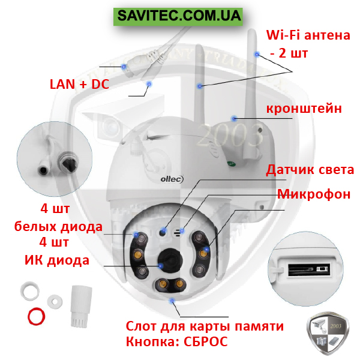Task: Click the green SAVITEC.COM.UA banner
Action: point(178,17)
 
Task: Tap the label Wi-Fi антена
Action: point(308,35)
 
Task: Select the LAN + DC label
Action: point(79,84)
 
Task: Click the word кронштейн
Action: point(304,109)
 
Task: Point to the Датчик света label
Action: point(310,170)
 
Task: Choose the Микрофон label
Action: point(314,194)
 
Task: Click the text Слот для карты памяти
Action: point(205,326)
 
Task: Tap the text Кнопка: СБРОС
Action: point(177,341)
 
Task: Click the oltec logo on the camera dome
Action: point(172,179)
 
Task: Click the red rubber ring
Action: point(36,316)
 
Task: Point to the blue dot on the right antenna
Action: point(257,54)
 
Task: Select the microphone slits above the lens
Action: point(177,233)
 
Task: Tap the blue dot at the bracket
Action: point(234,118)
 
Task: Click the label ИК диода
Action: point(57,260)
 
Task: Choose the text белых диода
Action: point(58,227)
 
